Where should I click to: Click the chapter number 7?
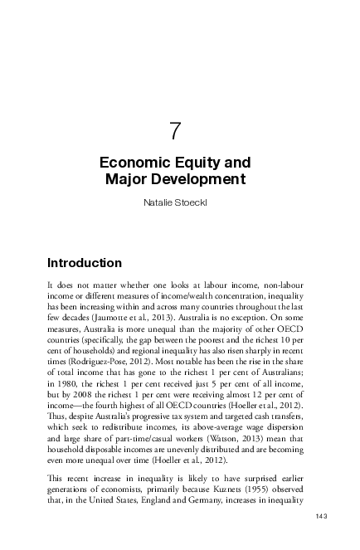(175, 131)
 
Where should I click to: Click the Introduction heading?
(85, 263)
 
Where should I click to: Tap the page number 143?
(321, 517)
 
